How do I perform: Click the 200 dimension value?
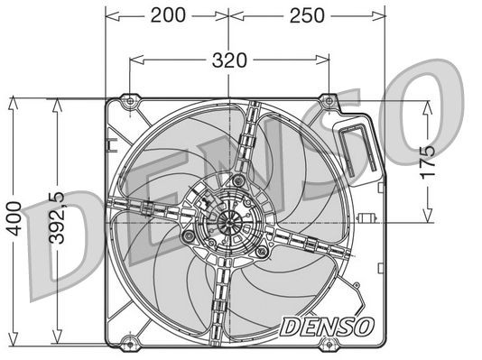(x=167, y=15)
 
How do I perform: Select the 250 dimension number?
(x=307, y=15)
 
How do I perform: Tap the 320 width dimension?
(x=229, y=61)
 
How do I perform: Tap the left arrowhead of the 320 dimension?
(x=134, y=61)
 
